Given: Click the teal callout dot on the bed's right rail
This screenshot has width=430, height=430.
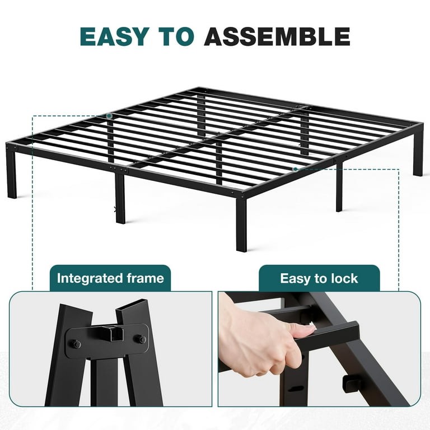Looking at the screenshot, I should [295, 167].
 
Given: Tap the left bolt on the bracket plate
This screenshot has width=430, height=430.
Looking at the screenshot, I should [76, 344].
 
